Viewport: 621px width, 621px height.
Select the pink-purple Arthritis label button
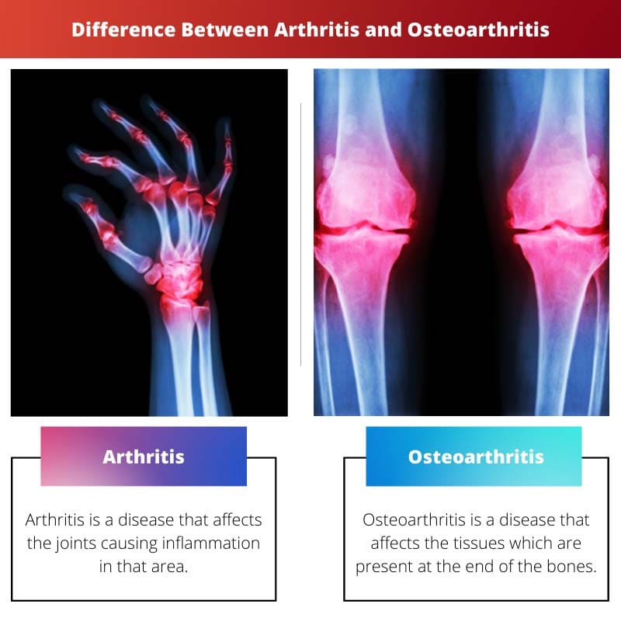coord(144,456)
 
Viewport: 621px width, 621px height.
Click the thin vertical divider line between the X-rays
coord(300,233)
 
